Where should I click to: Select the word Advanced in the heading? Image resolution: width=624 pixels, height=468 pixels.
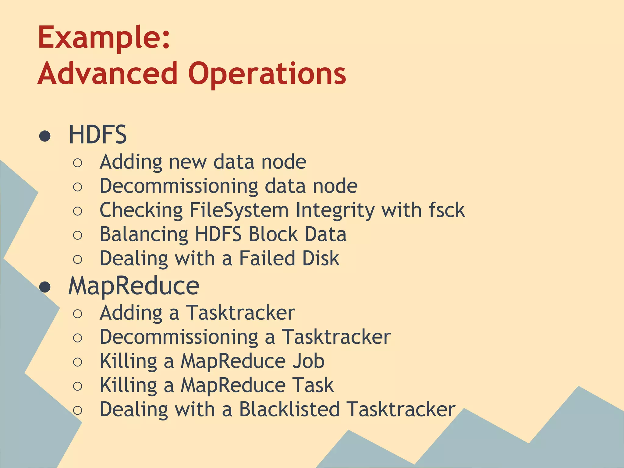(x=108, y=74)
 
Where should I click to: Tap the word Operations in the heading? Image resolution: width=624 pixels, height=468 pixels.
(x=267, y=74)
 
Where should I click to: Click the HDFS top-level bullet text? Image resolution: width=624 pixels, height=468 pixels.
(x=97, y=135)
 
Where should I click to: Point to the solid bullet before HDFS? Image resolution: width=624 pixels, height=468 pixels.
(x=45, y=136)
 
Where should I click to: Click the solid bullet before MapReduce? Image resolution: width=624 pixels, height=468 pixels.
(x=45, y=287)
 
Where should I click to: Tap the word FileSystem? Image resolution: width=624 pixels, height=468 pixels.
(x=239, y=210)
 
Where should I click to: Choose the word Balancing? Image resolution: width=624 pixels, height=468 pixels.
(x=144, y=235)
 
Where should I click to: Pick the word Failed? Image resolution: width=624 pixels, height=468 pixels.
(x=267, y=258)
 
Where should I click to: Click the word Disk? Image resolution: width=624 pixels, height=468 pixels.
(x=321, y=258)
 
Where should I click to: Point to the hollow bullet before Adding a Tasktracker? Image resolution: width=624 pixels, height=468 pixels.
(x=78, y=314)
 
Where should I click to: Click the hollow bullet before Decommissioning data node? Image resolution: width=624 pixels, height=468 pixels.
(x=78, y=187)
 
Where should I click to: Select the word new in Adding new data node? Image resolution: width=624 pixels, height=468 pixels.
(x=188, y=162)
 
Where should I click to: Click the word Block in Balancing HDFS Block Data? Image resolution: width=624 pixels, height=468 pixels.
(x=273, y=234)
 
